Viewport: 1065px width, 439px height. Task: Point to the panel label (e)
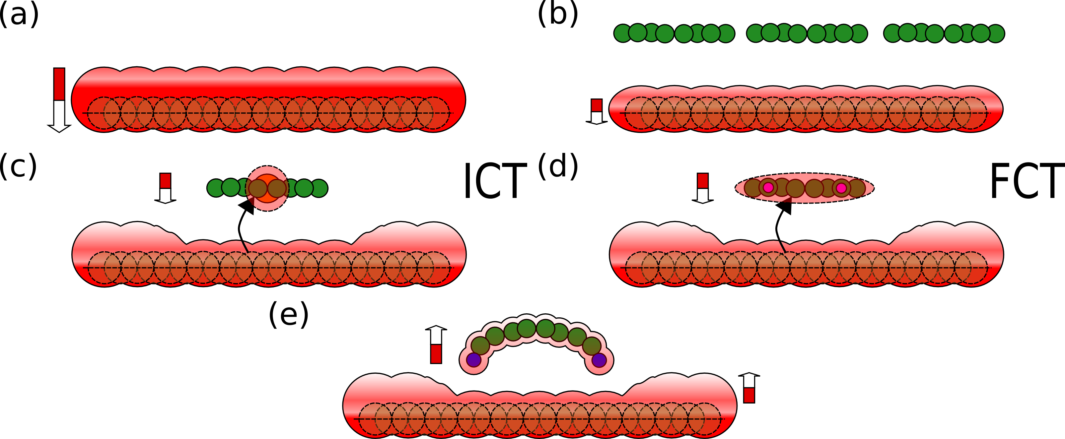[289, 314]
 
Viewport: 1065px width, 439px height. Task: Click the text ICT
[495, 181]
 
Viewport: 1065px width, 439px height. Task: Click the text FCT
[1027, 181]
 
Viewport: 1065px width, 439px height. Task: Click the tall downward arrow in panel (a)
[59, 100]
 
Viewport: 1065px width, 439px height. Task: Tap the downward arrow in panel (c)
[165, 188]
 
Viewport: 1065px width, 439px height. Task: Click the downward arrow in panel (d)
[703, 188]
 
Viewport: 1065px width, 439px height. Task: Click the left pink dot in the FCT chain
[768, 188]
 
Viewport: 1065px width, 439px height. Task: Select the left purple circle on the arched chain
[474, 360]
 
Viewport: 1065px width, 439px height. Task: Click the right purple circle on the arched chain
[599, 360]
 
